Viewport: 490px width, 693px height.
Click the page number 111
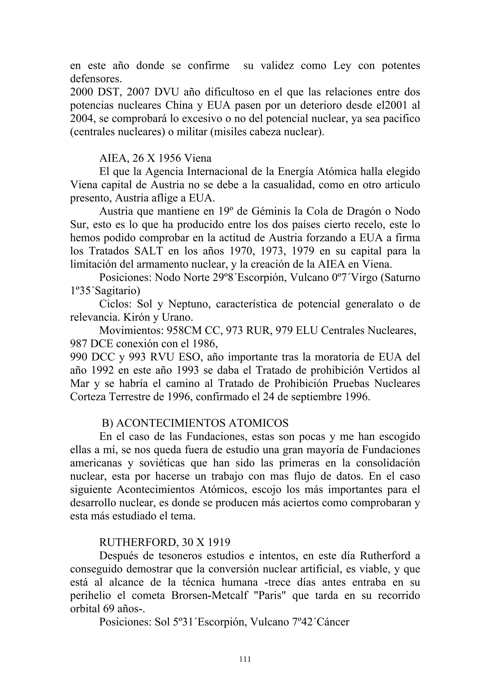(x=245, y=660)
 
